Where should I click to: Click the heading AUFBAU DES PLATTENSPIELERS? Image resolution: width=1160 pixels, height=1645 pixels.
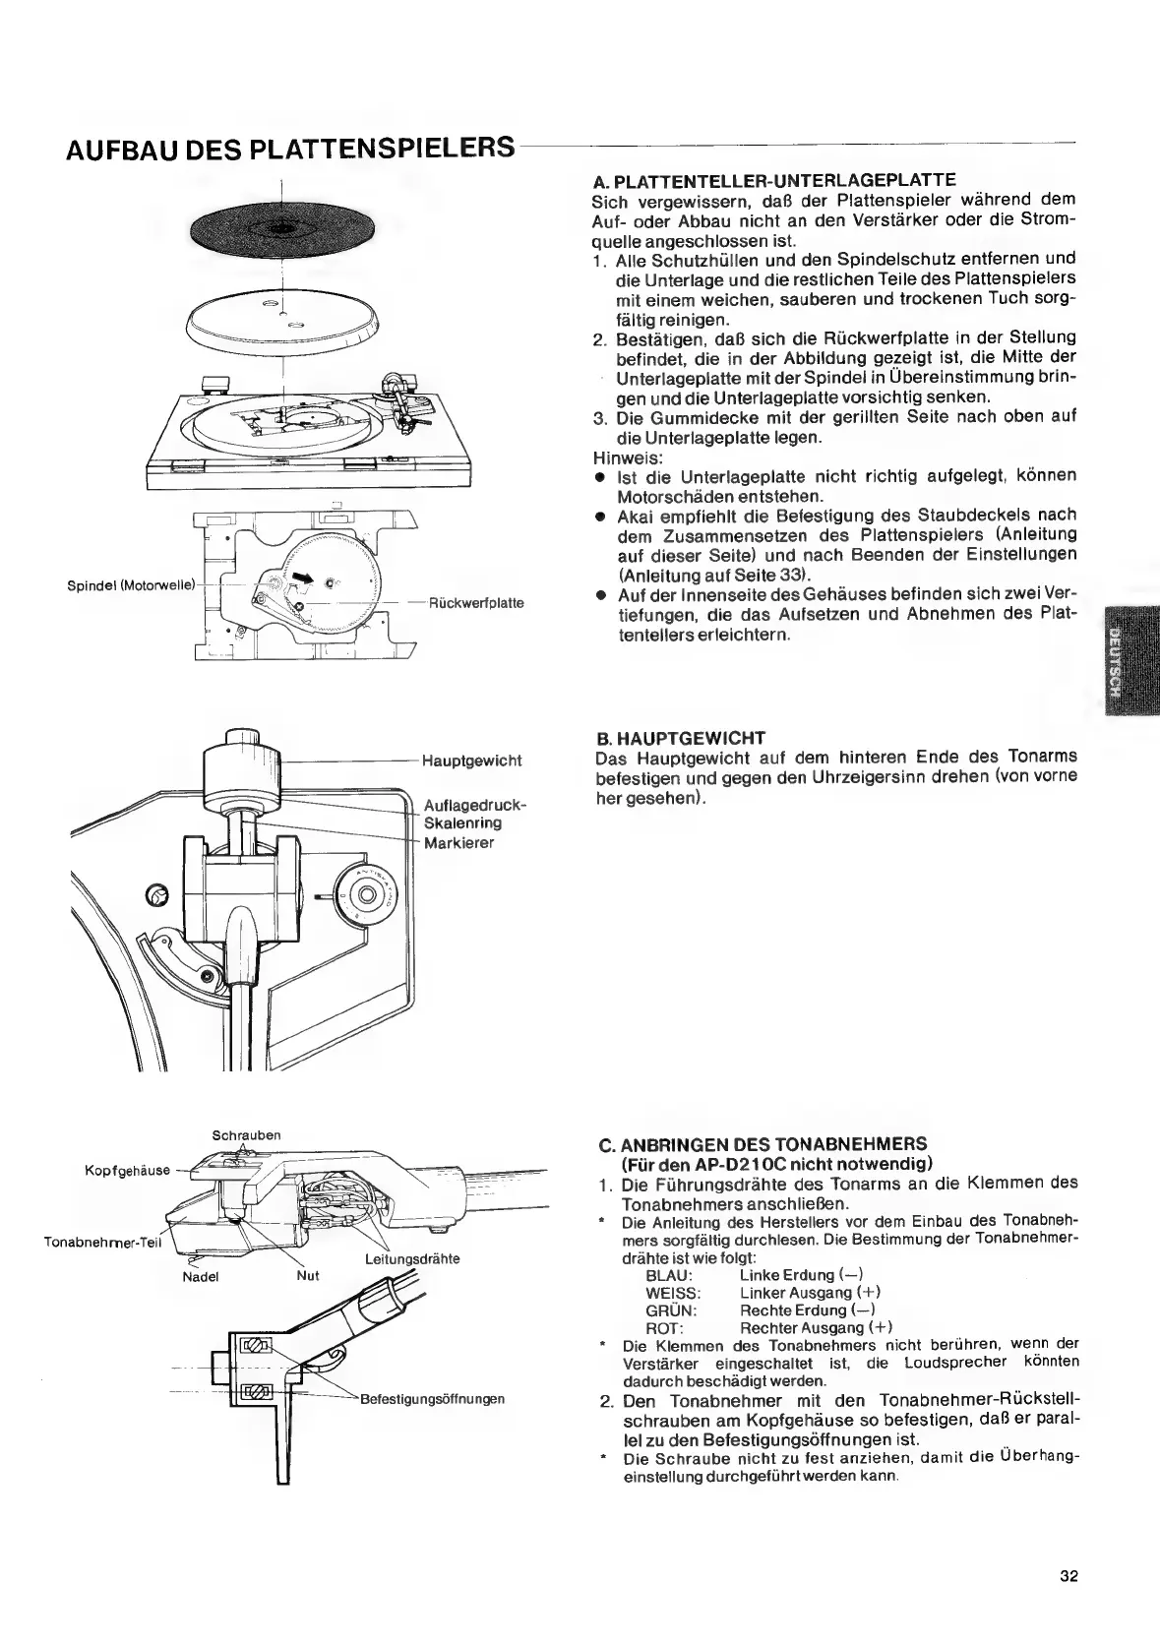coord(291,151)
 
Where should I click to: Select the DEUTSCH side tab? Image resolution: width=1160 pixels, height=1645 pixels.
coord(1121,660)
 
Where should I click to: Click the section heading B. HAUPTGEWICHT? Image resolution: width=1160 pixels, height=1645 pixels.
coord(681,737)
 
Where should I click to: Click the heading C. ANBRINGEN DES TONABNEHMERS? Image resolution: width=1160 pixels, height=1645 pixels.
coord(763,1144)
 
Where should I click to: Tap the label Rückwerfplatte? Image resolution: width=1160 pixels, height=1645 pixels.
coord(476,603)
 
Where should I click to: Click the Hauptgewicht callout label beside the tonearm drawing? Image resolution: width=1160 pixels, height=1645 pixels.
coord(471,761)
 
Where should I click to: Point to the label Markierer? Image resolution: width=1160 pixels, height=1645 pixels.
coord(458,843)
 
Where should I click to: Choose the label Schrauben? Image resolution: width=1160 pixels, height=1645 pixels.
coord(247,1135)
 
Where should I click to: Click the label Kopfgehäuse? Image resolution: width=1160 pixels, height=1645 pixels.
coord(127,1171)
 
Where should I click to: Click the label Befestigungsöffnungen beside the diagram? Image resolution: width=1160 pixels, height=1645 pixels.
coord(433,1399)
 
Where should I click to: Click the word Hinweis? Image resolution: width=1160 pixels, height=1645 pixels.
coord(628,457)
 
